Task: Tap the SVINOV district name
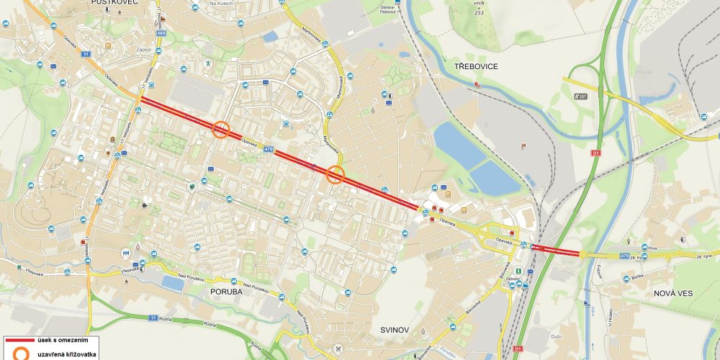coord(395,330)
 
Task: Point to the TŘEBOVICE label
coord(476,66)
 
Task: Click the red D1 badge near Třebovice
coord(595,153)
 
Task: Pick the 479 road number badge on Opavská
coord(268,149)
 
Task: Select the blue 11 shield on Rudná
coord(153,317)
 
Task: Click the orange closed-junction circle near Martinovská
coord(336,174)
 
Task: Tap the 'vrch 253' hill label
coord(478,9)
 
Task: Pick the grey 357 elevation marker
coord(580,95)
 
